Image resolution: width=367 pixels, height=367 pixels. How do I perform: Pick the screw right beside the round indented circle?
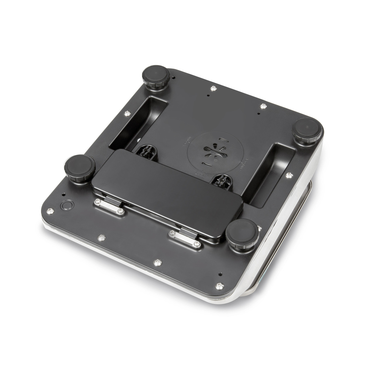click(50, 211)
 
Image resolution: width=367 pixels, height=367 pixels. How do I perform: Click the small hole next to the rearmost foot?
click(174, 77)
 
